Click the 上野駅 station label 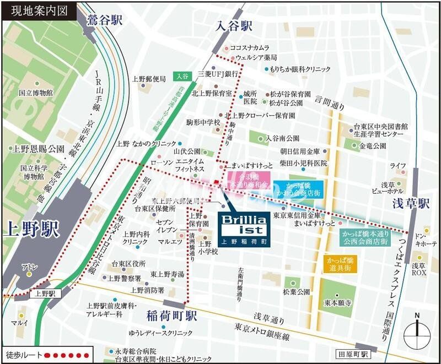point(32,229)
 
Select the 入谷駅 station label point(234,26)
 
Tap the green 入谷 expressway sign point(182,76)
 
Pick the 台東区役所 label point(128,264)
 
